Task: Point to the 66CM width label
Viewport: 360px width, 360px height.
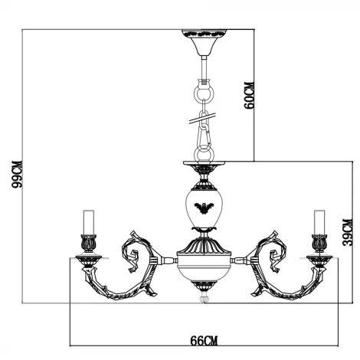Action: (205, 339)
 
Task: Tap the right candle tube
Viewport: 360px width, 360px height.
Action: (319, 221)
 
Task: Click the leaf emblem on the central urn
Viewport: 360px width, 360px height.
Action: (204, 207)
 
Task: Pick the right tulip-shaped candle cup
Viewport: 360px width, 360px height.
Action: (319, 244)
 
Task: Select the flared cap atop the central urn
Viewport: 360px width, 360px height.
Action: (204, 170)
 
